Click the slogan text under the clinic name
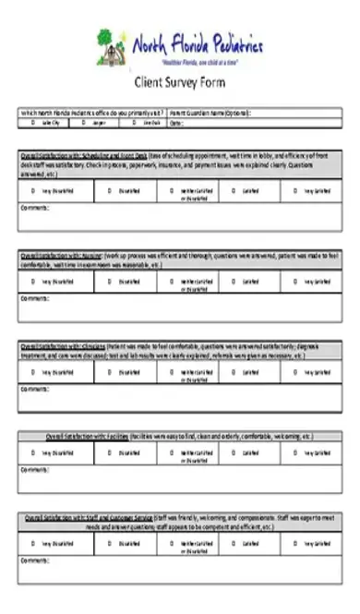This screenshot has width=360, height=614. click(199, 61)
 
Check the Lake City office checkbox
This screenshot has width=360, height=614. click(32, 122)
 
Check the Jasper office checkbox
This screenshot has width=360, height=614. click(83, 122)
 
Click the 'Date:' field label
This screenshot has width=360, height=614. click(176, 122)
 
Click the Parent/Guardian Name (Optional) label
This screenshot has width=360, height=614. click(210, 113)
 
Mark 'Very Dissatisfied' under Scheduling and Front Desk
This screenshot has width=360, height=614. click(32, 191)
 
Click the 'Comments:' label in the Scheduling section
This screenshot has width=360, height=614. click(33, 208)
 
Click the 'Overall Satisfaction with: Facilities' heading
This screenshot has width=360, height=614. click(88, 435)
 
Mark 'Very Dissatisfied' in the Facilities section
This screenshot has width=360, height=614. click(32, 453)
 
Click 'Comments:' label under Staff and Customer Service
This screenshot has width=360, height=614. click(33, 560)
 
